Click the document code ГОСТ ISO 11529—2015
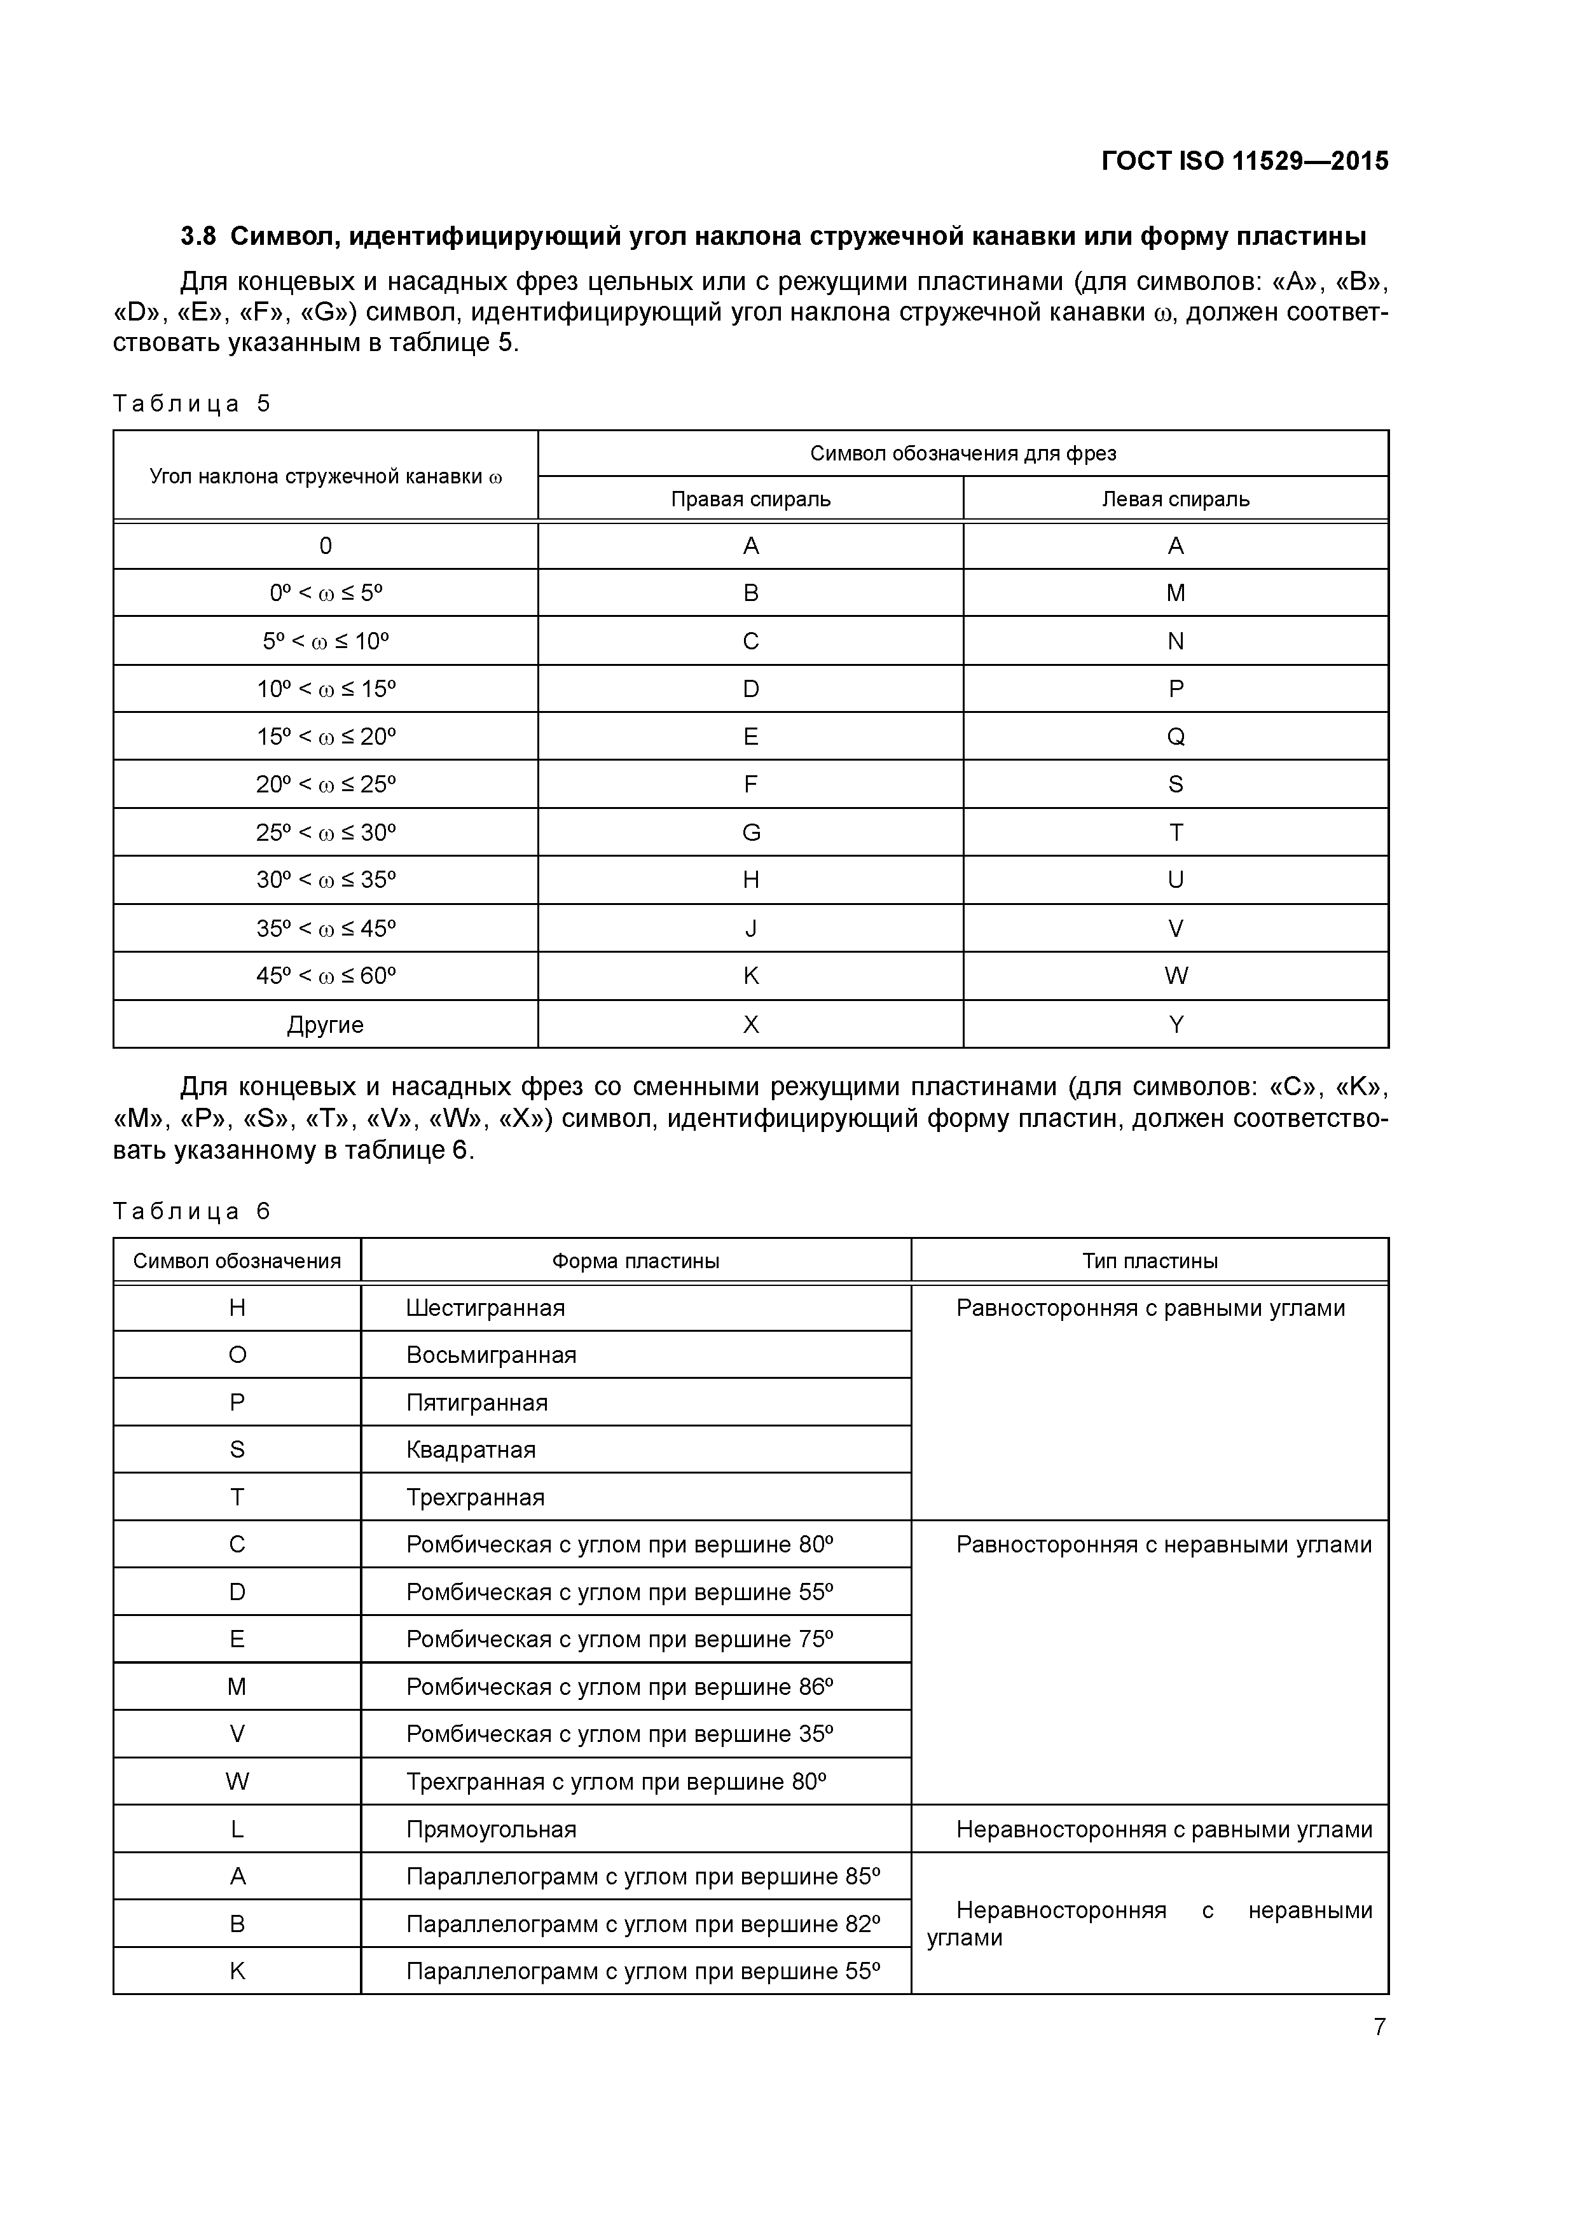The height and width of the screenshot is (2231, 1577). click(1244, 162)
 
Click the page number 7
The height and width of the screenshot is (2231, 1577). click(1379, 2027)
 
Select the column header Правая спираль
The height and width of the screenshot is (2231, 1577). click(750, 499)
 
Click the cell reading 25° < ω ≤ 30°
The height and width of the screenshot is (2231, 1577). click(326, 832)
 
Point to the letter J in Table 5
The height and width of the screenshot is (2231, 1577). click(750, 928)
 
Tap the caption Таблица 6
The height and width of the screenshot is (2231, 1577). click(191, 1211)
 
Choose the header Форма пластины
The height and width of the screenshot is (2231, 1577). click(635, 1261)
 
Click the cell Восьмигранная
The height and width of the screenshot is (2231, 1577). click(491, 1355)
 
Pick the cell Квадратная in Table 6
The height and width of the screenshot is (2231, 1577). click(471, 1450)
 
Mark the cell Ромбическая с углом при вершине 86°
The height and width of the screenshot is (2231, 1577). click(620, 1687)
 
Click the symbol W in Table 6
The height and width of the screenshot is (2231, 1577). click(237, 1781)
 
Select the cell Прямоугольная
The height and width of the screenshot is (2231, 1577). click(491, 1830)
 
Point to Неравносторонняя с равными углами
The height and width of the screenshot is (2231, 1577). click(1163, 1830)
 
